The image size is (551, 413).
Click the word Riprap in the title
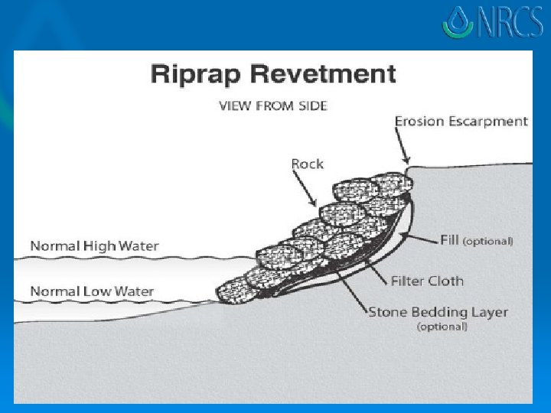189,76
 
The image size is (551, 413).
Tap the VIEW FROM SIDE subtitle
272,106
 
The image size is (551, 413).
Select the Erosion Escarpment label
461,121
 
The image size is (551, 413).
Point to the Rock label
307,164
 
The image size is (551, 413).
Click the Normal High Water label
94,246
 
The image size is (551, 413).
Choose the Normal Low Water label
92,291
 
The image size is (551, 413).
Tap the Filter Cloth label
427,281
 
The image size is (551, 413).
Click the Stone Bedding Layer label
438,312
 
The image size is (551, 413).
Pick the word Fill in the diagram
449,240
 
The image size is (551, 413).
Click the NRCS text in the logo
506,24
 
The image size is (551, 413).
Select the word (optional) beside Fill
487,241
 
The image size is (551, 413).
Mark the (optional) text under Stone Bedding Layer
441,327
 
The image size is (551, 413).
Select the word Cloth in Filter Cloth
447,281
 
